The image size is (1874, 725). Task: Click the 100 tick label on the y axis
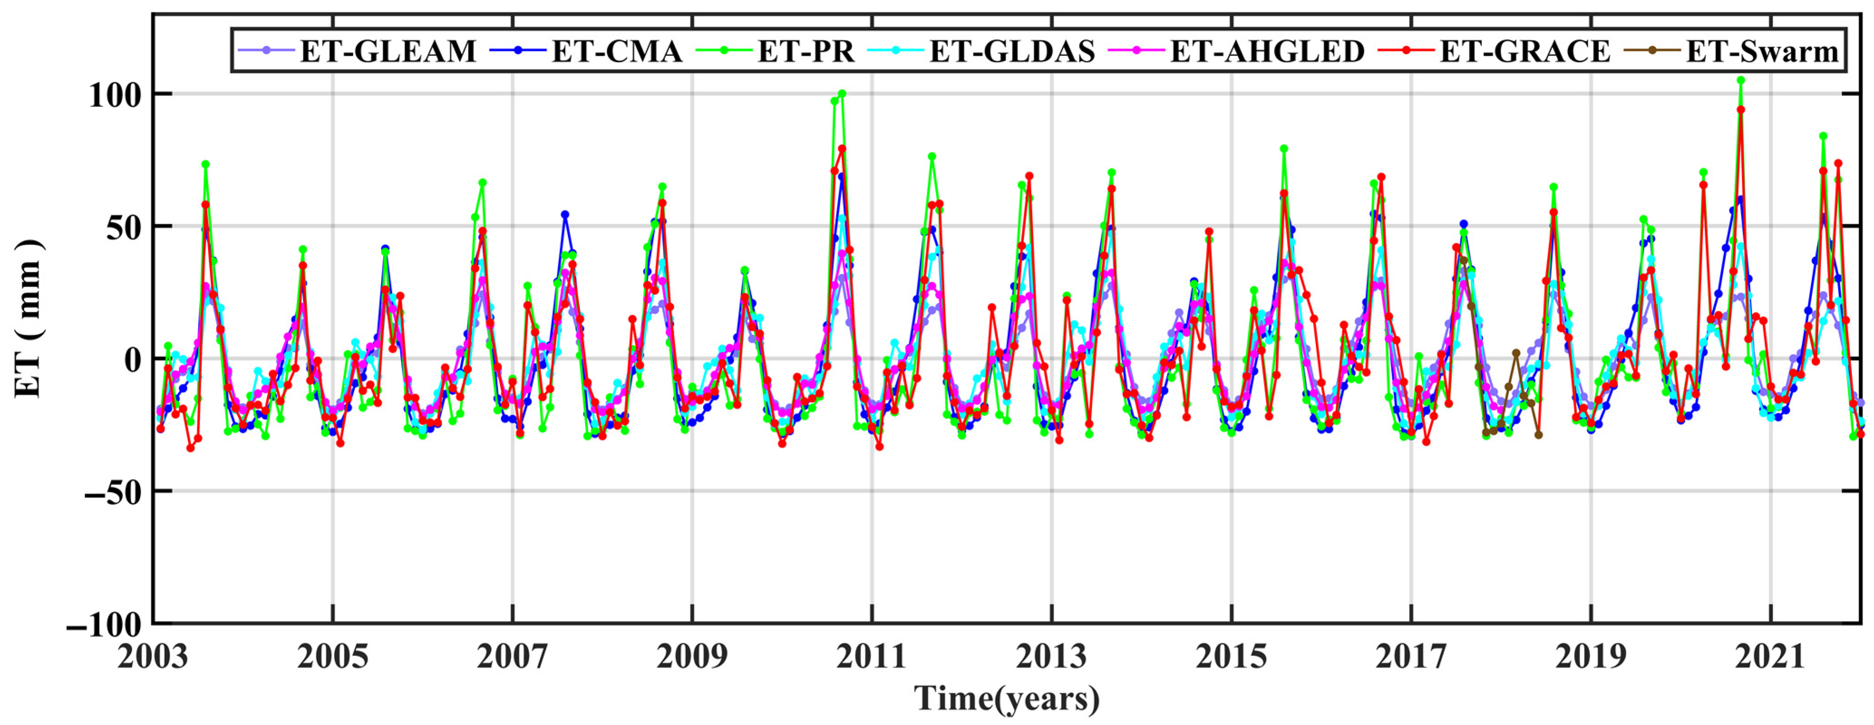tap(115, 95)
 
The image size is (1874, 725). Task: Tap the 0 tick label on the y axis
tap(132, 360)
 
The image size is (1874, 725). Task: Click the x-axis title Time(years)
tap(1007, 699)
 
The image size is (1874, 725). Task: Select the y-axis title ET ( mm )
tap(29, 318)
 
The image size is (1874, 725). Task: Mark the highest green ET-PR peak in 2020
tap(1741, 81)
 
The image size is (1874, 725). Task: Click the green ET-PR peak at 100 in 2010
tap(842, 93)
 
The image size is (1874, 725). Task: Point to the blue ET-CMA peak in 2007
tap(565, 215)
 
